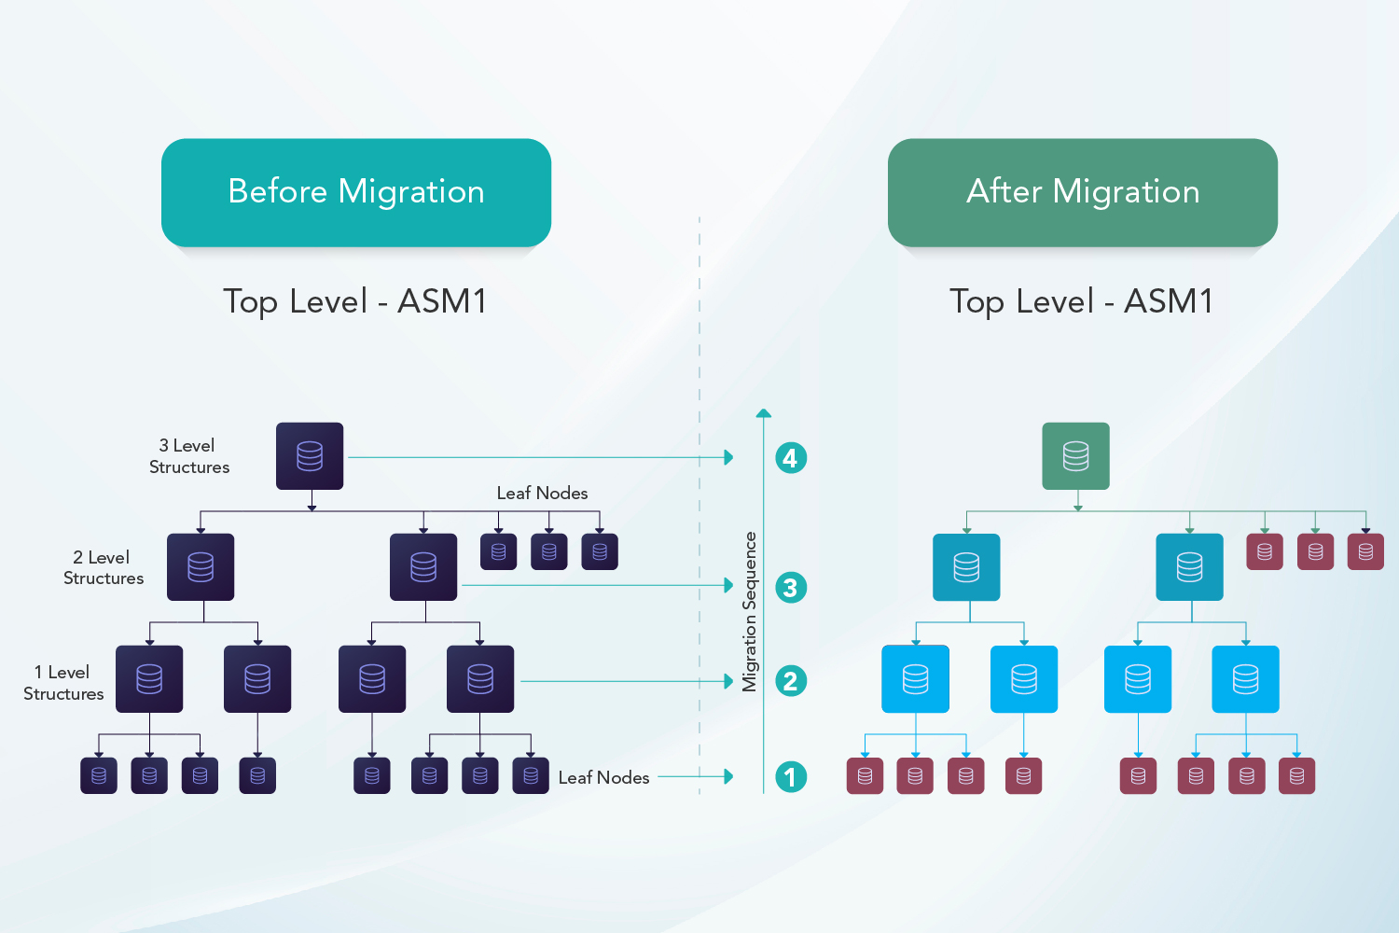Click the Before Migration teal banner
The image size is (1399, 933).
355,192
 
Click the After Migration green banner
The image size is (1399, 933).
1082,192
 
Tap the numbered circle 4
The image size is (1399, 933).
791,458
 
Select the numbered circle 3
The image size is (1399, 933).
791,588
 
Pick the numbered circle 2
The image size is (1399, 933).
791,681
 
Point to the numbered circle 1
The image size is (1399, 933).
791,776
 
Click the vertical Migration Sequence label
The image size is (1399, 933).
749,611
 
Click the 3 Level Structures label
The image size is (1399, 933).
189,456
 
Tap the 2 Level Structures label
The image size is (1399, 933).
104,567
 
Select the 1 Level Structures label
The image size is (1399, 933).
63,683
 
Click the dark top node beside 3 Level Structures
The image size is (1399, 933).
310,456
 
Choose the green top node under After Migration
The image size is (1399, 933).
1075,456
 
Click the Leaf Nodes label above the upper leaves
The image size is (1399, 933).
542,493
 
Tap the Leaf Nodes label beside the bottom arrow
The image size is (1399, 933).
603,777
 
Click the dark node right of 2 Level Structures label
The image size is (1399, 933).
201,567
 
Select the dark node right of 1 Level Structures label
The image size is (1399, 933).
149,679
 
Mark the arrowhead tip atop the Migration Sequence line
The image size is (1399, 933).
764,411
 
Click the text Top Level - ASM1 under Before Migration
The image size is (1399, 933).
354,301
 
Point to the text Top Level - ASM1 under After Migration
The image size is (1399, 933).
1081,301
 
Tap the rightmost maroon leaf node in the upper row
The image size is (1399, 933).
1365,551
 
